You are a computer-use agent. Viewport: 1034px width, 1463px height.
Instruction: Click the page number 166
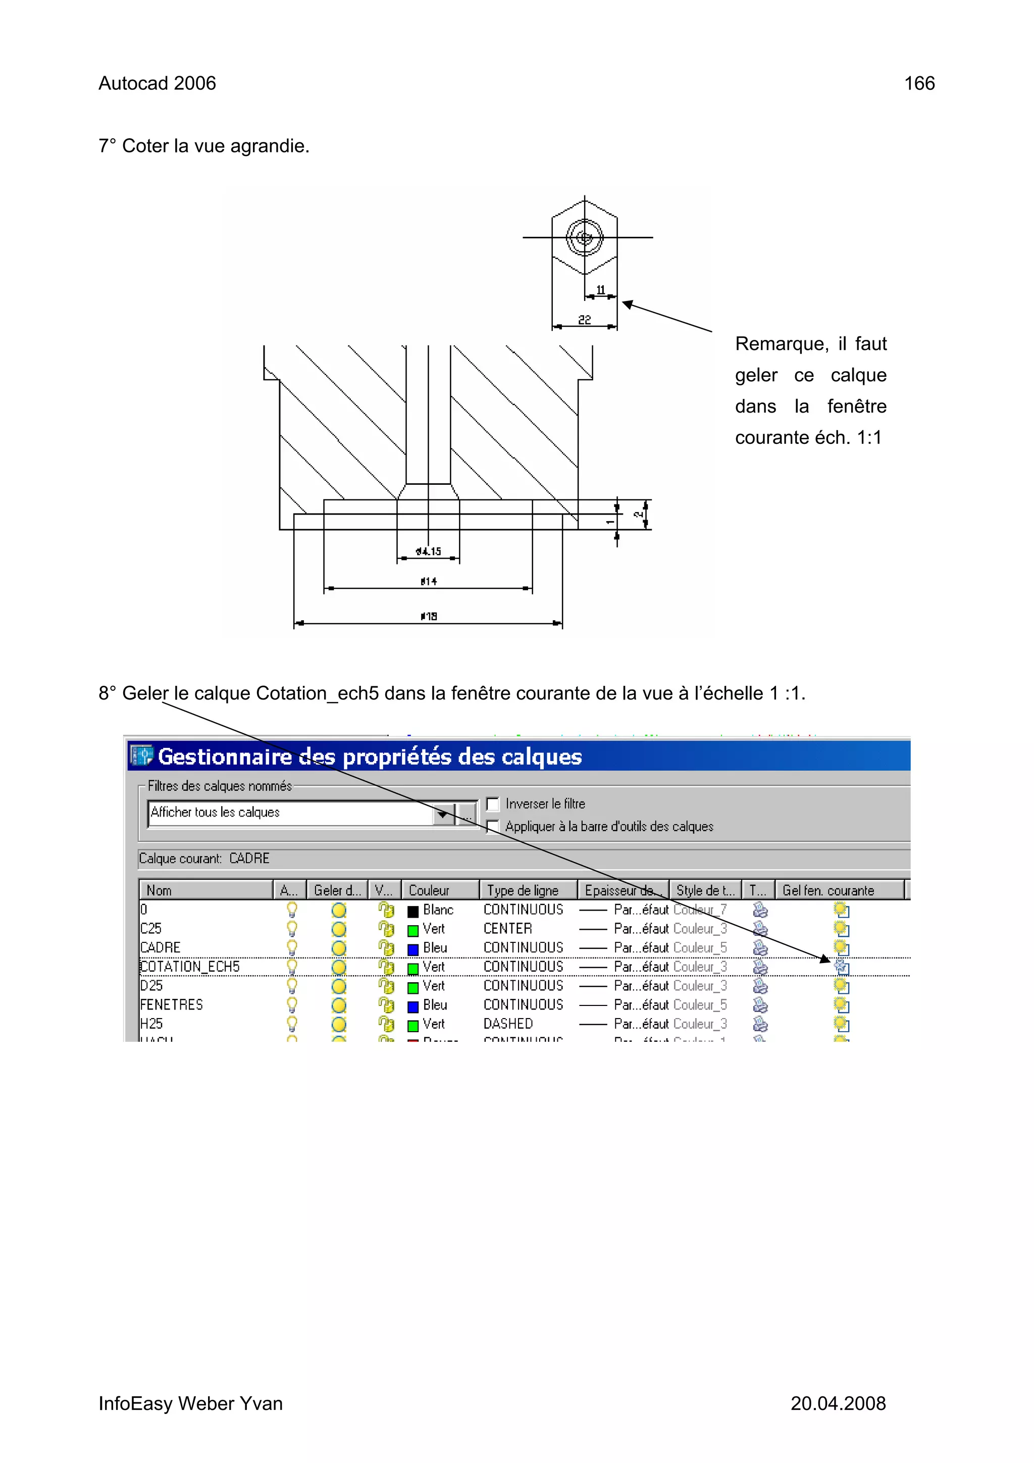pyautogui.click(x=919, y=83)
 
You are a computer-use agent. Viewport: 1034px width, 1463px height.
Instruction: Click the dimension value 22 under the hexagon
pyautogui.click(x=584, y=320)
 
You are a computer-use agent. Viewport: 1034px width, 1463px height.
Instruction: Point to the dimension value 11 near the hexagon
pyautogui.click(x=600, y=290)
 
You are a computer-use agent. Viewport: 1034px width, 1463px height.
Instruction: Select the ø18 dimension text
pyautogui.click(x=429, y=616)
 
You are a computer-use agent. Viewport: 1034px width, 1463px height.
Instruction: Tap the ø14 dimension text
pyautogui.click(x=429, y=581)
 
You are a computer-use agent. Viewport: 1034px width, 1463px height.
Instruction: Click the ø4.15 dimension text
pyautogui.click(x=428, y=551)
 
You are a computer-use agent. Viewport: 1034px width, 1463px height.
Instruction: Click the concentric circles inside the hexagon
pyautogui.click(x=584, y=238)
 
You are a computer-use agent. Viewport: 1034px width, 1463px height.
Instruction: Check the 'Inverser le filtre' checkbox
pyautogui.click(x=492, y=804)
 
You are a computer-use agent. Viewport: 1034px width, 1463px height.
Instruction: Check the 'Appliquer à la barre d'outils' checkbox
pyautogui.click(x=492, y=827)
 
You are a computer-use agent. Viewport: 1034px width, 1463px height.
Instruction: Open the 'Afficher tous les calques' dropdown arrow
pyautogui.click(x=443, y=815)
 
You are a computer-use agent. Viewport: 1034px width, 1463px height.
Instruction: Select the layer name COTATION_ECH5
pyautogui.click(x=190, y=967)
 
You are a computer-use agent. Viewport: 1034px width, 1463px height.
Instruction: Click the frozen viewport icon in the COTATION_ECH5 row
pyautogui.click(x=842, y=967)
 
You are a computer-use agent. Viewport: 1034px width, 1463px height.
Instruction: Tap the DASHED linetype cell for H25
pyautogui.click(x=508, y=1024)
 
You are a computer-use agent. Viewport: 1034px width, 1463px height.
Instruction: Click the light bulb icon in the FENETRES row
pyautogui.click(x=292, y=1005)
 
